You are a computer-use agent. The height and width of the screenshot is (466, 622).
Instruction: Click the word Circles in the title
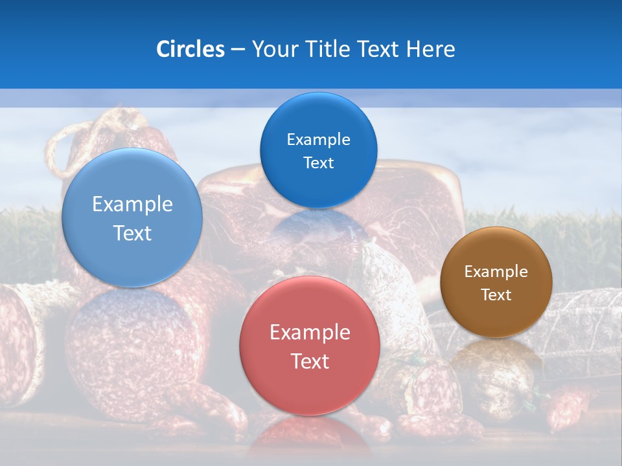(190, 49)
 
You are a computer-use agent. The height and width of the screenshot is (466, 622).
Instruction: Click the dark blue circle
(318, 150)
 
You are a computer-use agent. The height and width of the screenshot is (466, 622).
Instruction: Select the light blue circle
(132, 218)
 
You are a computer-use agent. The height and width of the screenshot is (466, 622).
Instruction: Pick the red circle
(310, 346)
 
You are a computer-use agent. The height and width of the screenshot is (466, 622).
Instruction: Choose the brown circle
(496, 282)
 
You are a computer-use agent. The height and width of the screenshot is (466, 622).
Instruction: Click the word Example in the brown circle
(496, 271)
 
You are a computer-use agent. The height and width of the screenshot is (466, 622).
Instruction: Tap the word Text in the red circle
(310, 361)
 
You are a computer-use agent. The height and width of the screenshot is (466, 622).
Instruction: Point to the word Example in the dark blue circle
(318, 139)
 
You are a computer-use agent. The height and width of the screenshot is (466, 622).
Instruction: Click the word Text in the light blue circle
(132, 233)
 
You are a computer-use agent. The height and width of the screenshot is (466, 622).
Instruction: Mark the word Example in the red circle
(310, 332)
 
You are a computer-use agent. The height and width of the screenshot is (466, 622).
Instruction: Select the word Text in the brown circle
(496, 294)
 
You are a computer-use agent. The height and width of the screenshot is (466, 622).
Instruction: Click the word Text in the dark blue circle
(318, 162)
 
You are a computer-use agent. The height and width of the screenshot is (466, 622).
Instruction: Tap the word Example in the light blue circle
(132, 204)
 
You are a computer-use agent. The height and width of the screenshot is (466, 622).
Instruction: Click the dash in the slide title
(238, 50)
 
